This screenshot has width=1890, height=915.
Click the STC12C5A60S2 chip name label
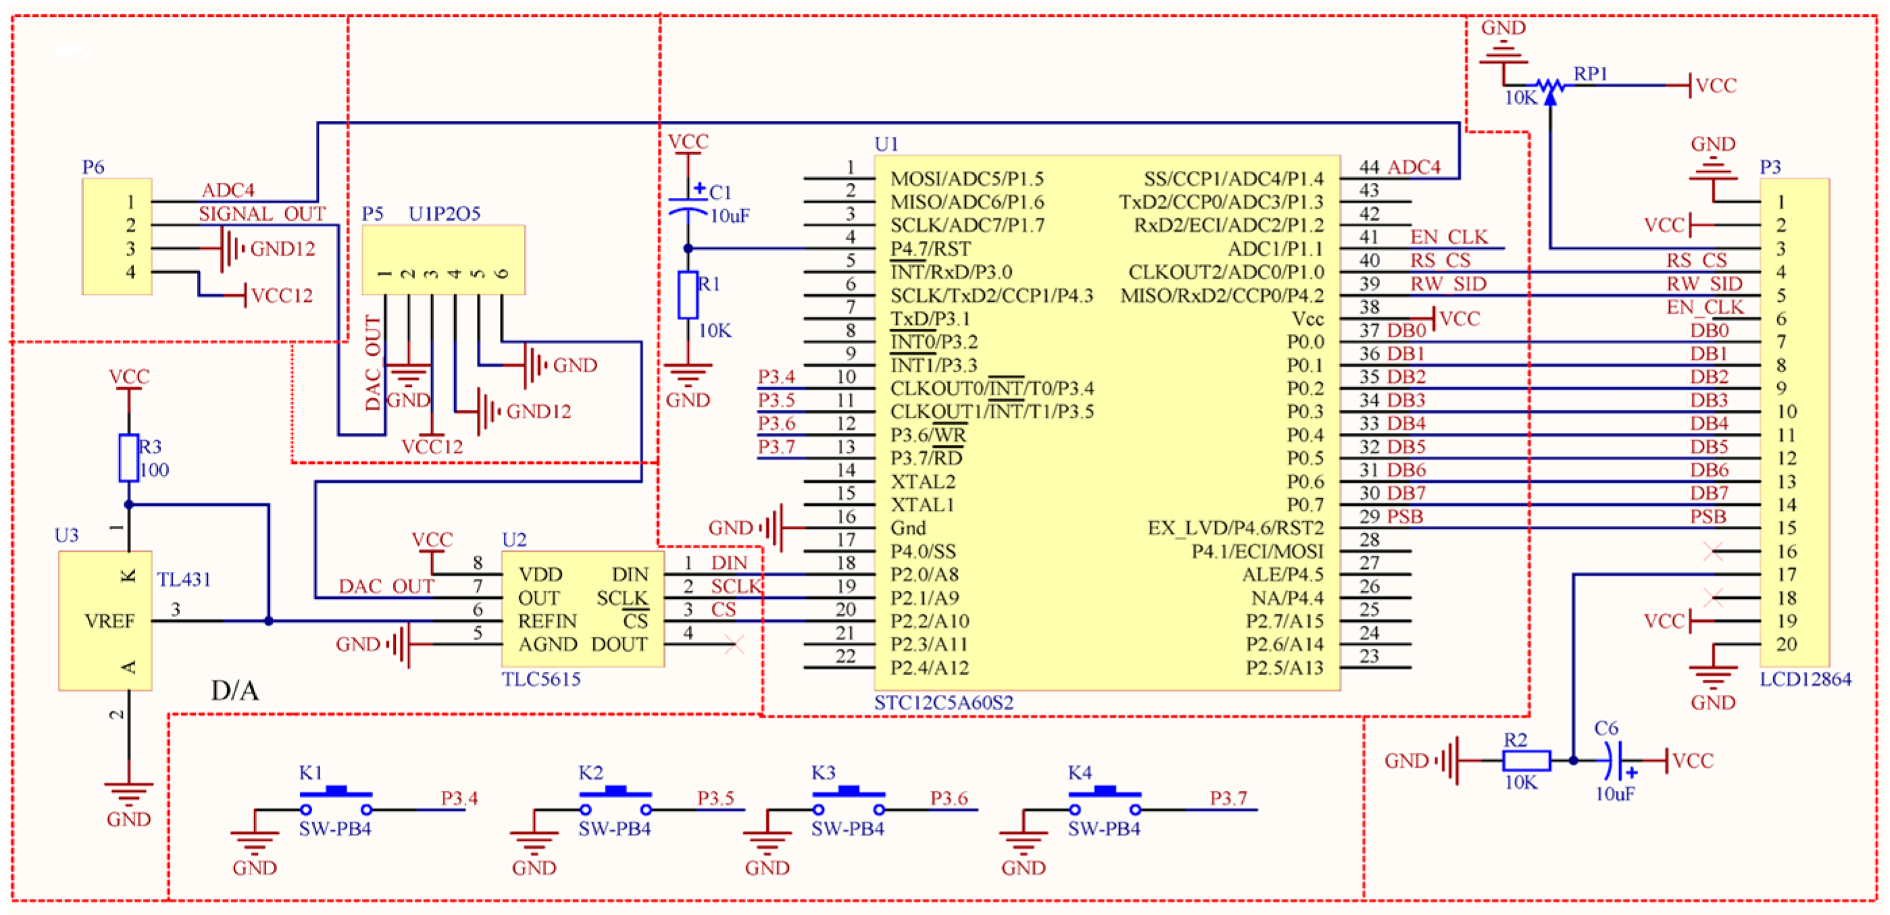point(943,702)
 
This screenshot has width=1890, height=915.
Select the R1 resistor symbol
point(688,295)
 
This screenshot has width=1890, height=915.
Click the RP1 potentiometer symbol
point(1550,86)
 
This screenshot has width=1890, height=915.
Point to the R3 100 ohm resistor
point(129,458)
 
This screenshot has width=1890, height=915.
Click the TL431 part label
point(184,579)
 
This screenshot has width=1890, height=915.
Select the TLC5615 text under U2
point(541,679)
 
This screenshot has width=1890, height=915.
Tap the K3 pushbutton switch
point(848,800)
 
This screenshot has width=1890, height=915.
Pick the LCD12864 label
point(1805,679)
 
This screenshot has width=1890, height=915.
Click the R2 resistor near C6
point(1526,761)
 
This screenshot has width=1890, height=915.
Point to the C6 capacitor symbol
point(1614,761)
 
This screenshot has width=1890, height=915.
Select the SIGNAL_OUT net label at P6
point(262,213)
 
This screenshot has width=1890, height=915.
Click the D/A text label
point(235,690)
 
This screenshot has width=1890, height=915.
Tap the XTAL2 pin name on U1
point(922,482)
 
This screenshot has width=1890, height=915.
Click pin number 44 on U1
point(1369,167)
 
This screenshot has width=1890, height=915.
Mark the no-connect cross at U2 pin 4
point(734,645)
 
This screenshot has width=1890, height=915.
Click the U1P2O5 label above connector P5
point(444,213)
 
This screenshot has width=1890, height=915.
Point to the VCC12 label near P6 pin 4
point(282,296)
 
